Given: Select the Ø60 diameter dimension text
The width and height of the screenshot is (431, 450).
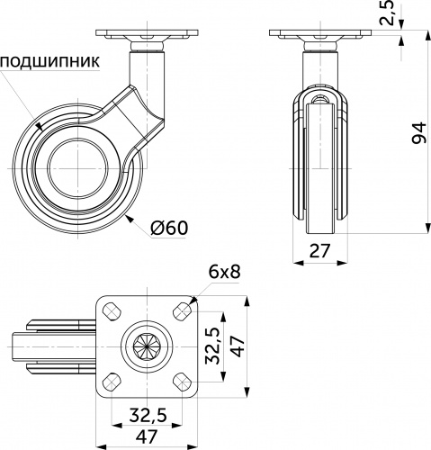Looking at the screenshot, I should pyautogui.click(x=169, y=228).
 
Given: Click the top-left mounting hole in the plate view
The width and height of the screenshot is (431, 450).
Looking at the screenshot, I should pyautogui.click(x=112, y=310).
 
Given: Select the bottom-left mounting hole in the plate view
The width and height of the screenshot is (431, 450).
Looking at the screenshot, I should pyautogui.click(x=112, y=378).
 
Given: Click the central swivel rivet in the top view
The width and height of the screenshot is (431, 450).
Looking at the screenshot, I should pyautogui.click(x=145, y=345).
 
